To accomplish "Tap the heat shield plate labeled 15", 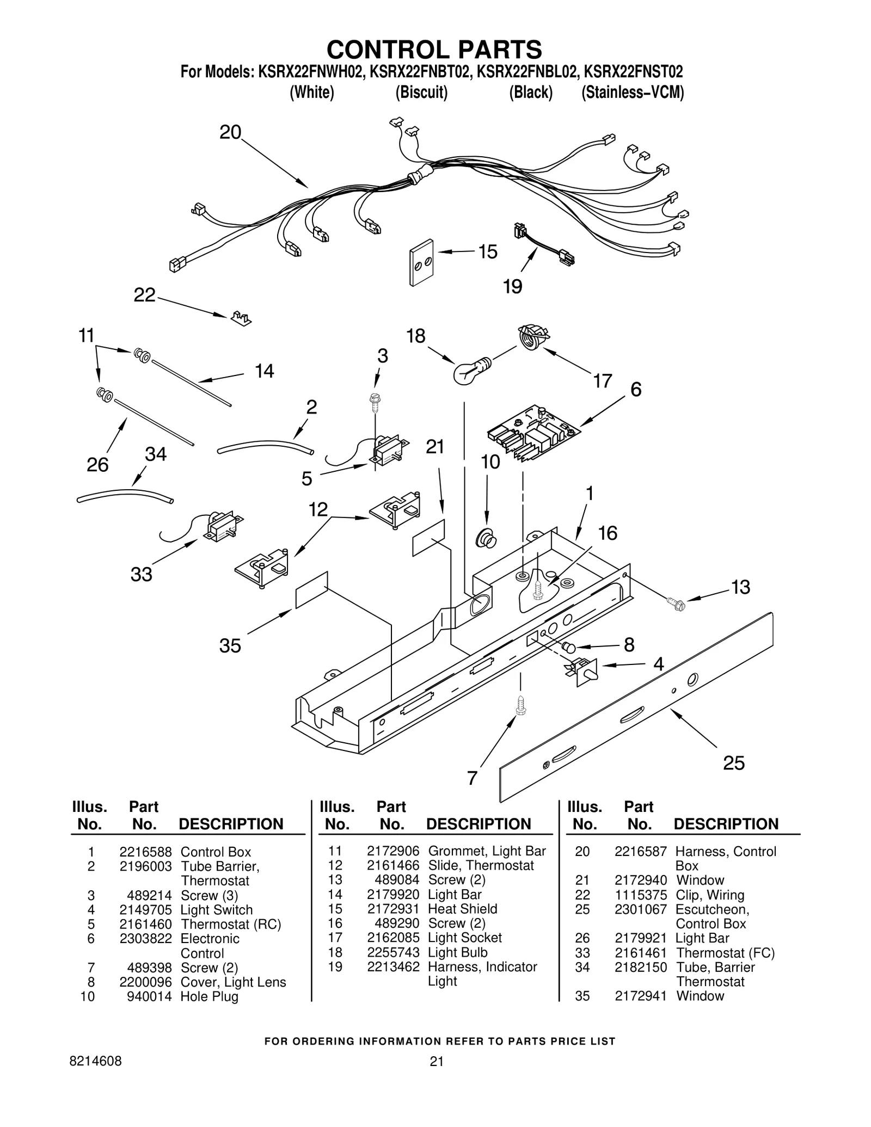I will coord(421,262).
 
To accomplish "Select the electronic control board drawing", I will coord(533,433).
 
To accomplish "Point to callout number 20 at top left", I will coord(230,132).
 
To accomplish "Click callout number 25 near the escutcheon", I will coord(733,763).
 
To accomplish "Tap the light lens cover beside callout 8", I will coord(568,648).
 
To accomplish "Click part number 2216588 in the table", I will coord(145,852).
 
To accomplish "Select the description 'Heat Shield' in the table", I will coord(462,909).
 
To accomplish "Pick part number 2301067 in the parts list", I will coord(641,909).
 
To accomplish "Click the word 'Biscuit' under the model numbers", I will coord(421,93).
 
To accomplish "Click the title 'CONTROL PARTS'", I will coord(434,49).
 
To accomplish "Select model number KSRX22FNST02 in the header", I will coord(634,72).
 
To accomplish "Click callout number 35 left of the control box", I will coord(230,646).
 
